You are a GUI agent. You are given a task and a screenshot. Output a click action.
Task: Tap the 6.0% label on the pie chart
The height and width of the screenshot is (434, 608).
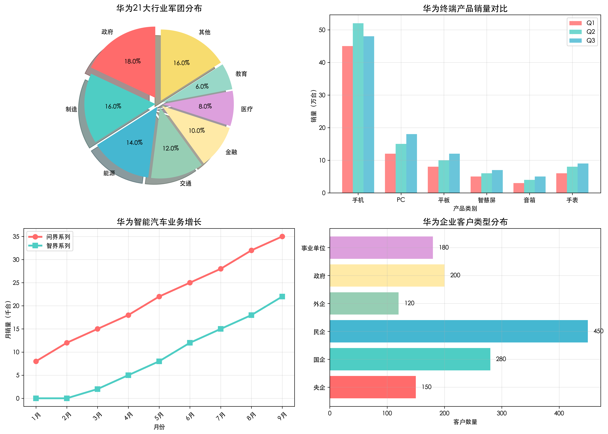202,86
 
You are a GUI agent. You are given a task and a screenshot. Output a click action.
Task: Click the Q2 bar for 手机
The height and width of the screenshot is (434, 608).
358,107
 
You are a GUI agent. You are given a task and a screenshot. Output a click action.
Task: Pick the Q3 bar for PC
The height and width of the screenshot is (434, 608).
411,163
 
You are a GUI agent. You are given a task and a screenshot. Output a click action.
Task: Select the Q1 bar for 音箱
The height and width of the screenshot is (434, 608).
519,188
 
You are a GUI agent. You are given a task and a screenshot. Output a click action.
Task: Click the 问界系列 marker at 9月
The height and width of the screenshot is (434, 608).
282,236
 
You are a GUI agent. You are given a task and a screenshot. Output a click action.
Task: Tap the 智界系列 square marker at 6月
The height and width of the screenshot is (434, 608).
190,343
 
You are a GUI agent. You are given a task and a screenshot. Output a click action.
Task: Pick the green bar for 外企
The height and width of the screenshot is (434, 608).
364,303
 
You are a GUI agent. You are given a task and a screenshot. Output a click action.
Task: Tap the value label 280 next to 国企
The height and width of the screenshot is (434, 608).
501,359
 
